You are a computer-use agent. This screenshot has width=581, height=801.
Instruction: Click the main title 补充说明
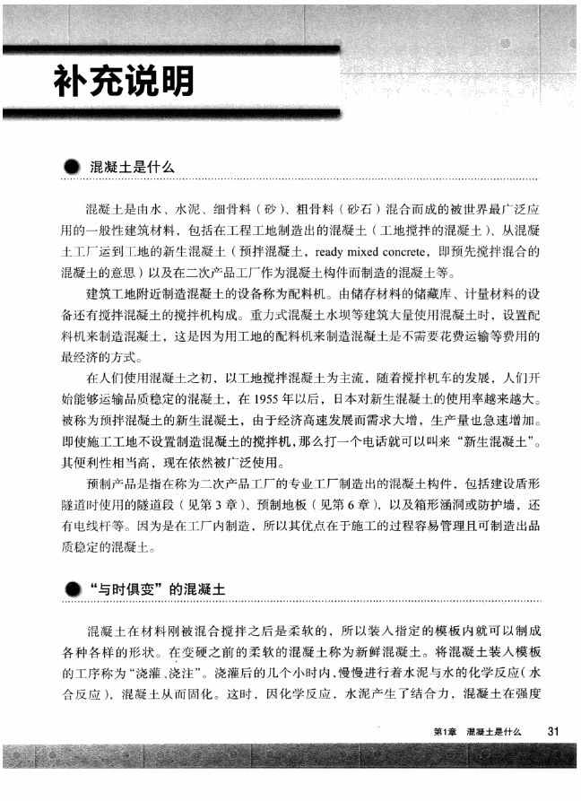pyautogui.click(x=123, y=83)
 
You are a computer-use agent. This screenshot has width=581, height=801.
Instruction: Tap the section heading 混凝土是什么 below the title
pyautogui.click(x=131, y=167)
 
